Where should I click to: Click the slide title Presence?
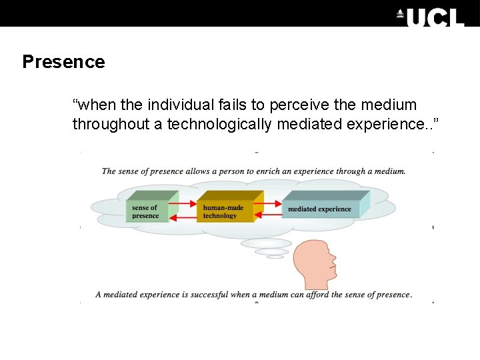point(63,62)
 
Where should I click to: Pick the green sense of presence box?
point(145,211)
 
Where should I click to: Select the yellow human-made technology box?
point(225,211)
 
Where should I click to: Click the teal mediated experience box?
point(320,209)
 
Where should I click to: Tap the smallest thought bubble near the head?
point(275,257)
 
